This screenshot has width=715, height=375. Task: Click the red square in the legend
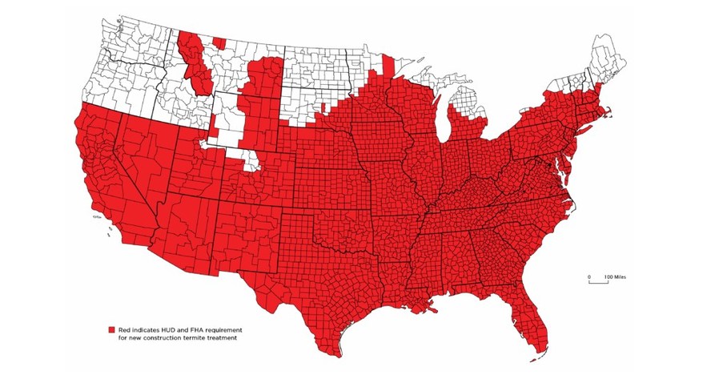pos(112,329)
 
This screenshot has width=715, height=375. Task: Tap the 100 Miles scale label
pos(615,276)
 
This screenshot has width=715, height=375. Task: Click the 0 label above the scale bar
pos(589,276)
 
